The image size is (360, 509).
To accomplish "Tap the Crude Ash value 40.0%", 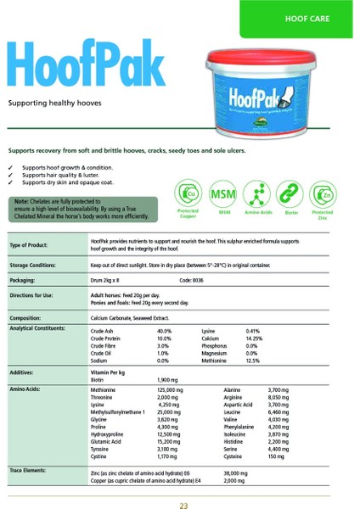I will point(164,331).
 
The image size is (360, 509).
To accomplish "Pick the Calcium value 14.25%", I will point(253,338).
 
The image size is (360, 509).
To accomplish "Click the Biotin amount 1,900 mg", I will point(167,380).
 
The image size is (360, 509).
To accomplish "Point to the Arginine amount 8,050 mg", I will point(279,396).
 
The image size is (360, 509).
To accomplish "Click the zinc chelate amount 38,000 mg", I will point(235,472).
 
